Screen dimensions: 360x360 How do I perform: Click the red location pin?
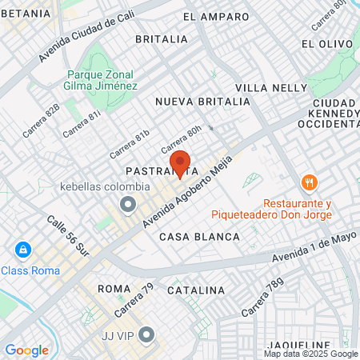pyautogui.click(x=180, y=163)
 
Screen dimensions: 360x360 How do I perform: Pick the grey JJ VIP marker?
pyautogui.click(x=145, y=334)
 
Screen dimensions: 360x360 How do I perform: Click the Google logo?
pyautogui.click(x=26, y=350)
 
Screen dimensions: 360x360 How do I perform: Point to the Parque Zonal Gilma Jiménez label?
pyautogui.click(x=102, y=80)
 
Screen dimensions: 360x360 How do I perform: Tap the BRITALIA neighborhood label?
pyautogui.click(x=161, y=38)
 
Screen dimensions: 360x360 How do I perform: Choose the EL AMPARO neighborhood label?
pyautogui.click(x=211, y=16)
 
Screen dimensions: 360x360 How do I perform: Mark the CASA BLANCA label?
pyautogui.click(x=199, y=237)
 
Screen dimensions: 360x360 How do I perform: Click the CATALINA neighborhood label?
pyautogui.click(x=196, y=289)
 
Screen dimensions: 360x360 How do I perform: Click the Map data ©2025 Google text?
pyautogui.click(x=311, y=354)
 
